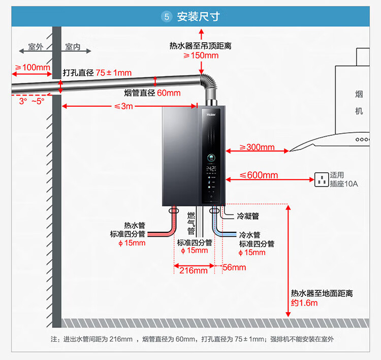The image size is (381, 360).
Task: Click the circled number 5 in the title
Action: coord(167,17)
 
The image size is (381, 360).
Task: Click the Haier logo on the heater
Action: coord(211,114)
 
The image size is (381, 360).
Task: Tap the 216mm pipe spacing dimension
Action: coord(194,271)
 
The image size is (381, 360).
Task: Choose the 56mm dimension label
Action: coord(234,267)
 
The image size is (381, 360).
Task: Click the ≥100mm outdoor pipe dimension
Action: coord(33,68)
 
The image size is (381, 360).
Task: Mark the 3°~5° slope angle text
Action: coord(31,101)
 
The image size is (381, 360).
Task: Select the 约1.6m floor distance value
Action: coord(304,303)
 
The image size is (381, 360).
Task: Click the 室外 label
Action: coord(36,47)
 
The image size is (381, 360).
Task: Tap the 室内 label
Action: coord(73,47)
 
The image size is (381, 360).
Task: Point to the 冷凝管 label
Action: coord(248,216)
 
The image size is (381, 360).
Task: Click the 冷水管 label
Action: coord(249,235)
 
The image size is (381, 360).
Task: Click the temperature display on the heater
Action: coord(211,168)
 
